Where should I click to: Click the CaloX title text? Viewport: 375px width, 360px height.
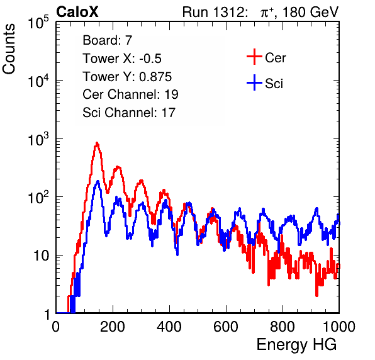coord(77,12)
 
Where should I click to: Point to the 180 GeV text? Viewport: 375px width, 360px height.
coord(311,12)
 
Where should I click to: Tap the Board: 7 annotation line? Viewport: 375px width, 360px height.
coord(108,40)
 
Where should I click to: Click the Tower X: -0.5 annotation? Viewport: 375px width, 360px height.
coord(122,59)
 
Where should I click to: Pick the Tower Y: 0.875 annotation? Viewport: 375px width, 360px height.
coord(127,77)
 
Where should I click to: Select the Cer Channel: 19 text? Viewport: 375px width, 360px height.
coord(130,94)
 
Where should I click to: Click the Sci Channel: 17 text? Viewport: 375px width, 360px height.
coord(129,113)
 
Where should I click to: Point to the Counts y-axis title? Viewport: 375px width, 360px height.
coord(9,49)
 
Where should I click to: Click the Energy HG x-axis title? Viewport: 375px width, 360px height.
coord(297,344)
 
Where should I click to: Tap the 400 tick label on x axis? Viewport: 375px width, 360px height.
coord(169,327)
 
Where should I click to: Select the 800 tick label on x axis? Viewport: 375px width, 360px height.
coord(283,327)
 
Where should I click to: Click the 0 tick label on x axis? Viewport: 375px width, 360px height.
coord(56,327)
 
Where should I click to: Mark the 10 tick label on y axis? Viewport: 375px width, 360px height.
coord(41,256)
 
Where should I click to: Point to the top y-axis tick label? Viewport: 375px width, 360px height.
coord(38,23)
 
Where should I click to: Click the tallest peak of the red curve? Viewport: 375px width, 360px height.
coord(97,143)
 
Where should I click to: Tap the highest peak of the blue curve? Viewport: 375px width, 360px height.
coord(98,181)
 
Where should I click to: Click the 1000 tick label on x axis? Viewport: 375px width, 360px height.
coord(339,327)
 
